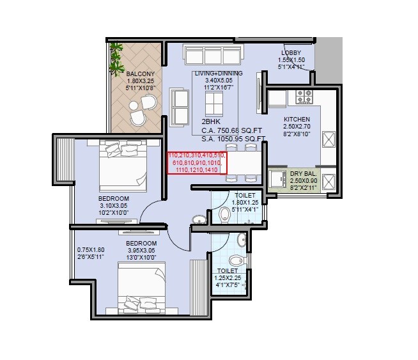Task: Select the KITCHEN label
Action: (x=297, y=120)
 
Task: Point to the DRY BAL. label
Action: (x=302, y=173)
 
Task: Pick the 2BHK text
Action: (x=211, y=121)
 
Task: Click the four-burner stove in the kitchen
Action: (x=304, y=97)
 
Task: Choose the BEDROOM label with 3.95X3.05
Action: (x=141, y=244)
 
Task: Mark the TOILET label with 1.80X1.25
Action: (x=245, y=195)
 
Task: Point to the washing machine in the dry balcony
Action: (x=277, y=180)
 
